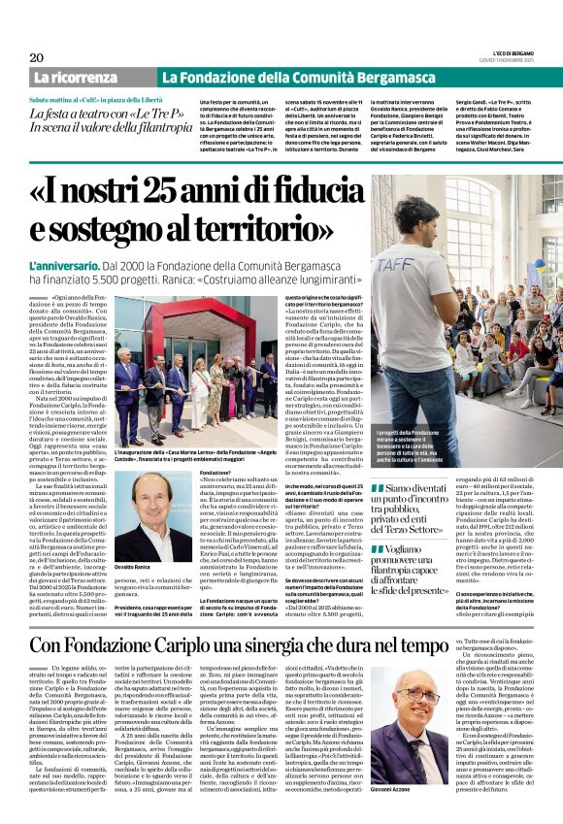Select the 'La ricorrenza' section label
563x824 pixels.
pos(93,77)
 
